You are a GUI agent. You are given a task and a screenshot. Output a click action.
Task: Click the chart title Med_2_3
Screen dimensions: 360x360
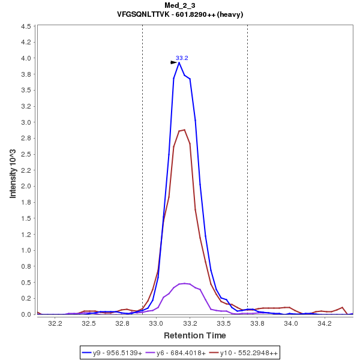tap(180, 5)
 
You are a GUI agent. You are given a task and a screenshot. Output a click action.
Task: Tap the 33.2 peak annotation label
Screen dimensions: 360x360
tap(182, 58)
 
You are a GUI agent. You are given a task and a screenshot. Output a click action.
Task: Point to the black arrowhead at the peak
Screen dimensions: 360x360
tap(174, 62)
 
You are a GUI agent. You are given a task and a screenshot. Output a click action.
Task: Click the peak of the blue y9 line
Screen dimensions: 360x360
tap(179, 62)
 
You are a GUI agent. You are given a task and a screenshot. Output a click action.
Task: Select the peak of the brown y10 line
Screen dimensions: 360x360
tap(184, 130)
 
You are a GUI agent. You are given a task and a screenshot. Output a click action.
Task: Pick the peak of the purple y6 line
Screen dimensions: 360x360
tap(185, 283)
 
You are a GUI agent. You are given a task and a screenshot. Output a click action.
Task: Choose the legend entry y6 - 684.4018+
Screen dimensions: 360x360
tap(179, 353)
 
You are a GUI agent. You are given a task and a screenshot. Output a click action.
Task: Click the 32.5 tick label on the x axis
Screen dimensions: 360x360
tap(89, 323)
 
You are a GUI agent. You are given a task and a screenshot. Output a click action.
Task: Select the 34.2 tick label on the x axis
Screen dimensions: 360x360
tap(325, 323)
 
